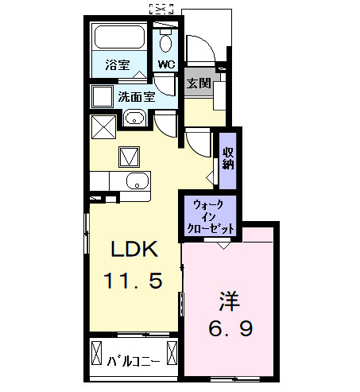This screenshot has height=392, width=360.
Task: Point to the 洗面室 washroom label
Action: coord(136,97)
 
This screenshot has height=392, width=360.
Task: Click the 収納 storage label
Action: coord(228,158)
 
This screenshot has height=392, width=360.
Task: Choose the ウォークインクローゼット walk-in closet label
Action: coord(210,215)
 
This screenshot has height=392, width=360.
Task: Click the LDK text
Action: coord(135,250)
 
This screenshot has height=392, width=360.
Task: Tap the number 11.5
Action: coord(135,281)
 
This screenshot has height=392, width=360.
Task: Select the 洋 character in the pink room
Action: coord(230,301)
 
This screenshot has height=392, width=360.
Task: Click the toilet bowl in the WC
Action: coord(166,43)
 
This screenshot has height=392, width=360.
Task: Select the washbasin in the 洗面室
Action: coord(134,120)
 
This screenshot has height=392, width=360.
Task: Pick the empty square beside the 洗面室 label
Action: coord(102,96)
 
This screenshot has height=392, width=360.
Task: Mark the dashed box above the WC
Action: coord(161,10)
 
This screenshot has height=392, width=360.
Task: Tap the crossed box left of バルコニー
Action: coord(98,352)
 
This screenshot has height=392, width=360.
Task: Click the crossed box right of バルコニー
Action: coord(172,352)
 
